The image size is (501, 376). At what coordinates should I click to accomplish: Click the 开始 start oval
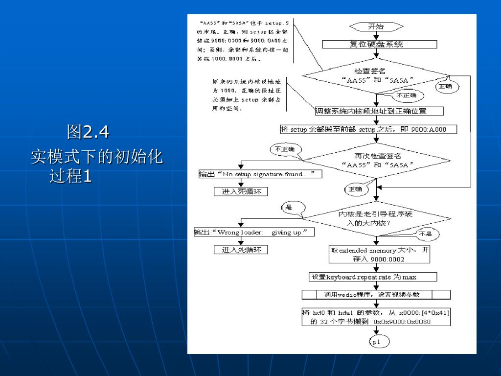tap(376, 26)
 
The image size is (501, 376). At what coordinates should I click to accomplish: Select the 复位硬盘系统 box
tap(379, 44)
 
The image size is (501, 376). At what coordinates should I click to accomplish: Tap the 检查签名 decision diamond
tap(376, 75)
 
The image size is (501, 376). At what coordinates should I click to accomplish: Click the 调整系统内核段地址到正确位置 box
tap(379, 111)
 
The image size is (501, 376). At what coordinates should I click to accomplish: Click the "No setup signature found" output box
tap(260, 174)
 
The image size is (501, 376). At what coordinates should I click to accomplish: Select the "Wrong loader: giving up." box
tap(254, 233)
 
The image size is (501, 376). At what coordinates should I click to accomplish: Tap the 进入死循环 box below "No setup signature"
tap(241, 191)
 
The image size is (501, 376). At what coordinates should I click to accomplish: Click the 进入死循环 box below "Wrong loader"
tap(241, 250)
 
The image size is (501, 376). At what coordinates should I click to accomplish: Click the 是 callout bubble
tap(292, 207)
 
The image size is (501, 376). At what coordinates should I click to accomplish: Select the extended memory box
tap(379, 255)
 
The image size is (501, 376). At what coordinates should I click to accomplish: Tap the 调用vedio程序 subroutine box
tap(376, 295)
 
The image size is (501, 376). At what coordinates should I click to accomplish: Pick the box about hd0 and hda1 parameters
tap(376, 317)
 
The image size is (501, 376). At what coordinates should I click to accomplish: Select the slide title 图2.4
tap(88, 131)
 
